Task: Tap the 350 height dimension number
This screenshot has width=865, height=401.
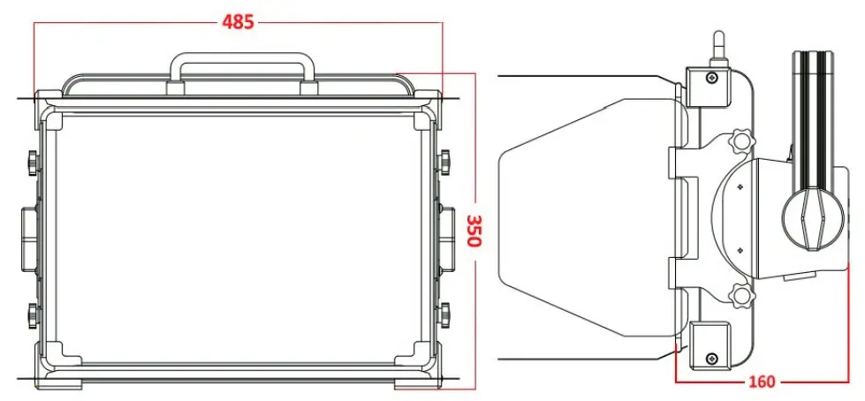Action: [474, 231]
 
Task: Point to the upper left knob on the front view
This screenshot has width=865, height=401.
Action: [32, 162]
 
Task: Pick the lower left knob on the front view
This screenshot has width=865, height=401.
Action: [32, 313]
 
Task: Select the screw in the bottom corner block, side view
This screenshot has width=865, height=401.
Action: [711, 358]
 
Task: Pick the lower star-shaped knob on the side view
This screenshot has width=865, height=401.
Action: [740, 295]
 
